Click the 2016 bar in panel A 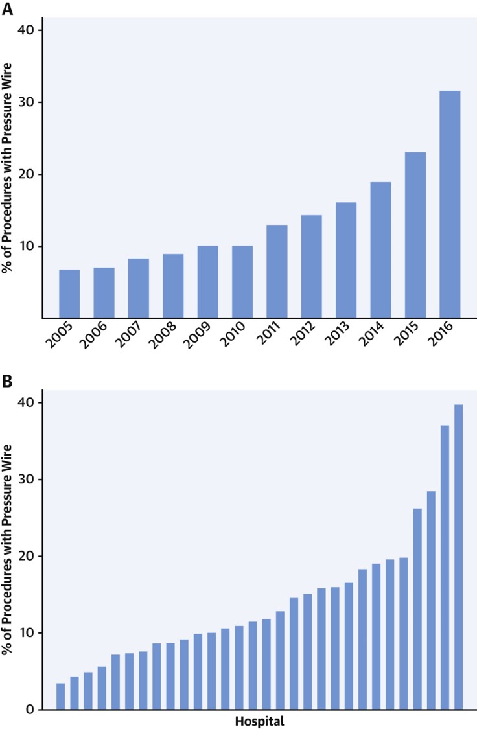[x=449, y=204]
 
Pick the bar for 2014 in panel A [x=380, y=249]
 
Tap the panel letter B [x=7, y=380]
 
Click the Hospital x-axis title [x=259, y=720]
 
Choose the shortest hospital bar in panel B [x=61, y=696]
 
